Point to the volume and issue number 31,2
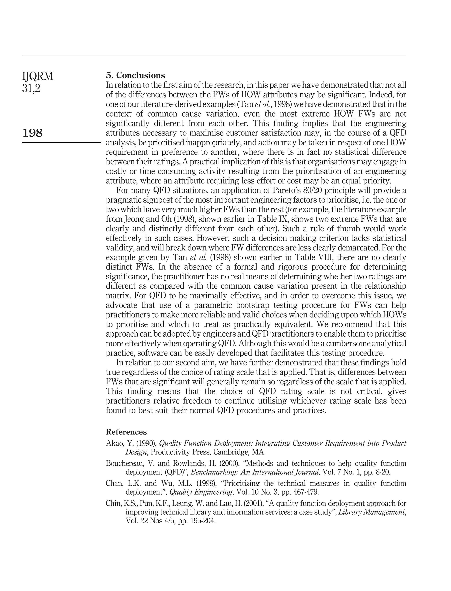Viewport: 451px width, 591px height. [31, 88]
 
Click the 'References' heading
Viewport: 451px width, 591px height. [126, 432]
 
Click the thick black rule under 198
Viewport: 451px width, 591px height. [61, 142]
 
